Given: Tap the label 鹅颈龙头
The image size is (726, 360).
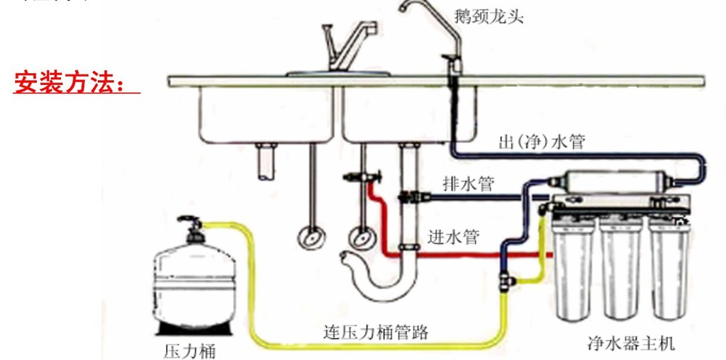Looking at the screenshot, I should click(x=489, y=16).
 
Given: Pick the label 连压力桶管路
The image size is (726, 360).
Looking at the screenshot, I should click(x=376, y=331).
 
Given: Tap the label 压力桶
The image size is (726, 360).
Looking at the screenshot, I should click(x=189, y=349).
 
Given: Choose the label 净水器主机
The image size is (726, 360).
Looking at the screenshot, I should click(x=631, y=344).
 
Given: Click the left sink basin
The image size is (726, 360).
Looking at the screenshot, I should click(x=267, y=113).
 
